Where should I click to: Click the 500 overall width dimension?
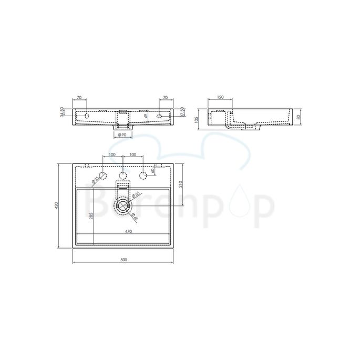pos(124,260)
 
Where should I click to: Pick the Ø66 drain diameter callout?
pos(135,195)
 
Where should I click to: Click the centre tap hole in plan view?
pos(122,176)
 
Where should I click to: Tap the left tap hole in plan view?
pos(103,176)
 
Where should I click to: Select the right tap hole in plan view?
pos(142,176)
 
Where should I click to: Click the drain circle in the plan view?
pos(123,206)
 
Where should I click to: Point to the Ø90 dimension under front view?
pos(121,136)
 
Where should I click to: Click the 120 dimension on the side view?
pos(220,98)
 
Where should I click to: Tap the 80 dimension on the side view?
pos(299,117)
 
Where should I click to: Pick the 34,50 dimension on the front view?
pos(63,113)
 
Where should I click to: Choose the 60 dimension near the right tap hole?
pos(152,171)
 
